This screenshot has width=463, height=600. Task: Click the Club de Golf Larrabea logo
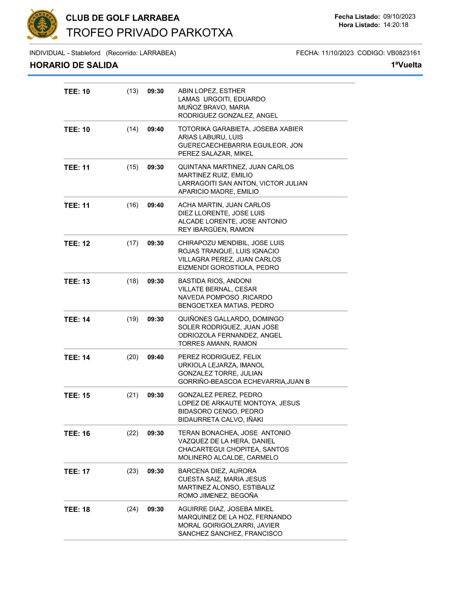pos(42,24)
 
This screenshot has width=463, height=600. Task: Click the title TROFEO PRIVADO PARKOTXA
pos(149,33)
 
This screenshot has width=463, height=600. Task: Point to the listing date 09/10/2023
pos(399,17)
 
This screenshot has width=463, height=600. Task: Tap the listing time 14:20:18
pos(396,25)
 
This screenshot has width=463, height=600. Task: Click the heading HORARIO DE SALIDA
pos(74,65)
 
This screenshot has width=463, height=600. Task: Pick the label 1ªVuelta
pos(406,65)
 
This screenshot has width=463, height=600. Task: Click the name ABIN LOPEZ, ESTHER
pos(212,91)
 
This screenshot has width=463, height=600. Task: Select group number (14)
pos(132,129)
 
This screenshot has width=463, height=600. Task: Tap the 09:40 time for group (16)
pos(155,205)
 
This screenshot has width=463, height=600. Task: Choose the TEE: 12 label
pos(77,244)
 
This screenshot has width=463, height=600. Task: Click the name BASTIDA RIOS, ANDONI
pos(215,281)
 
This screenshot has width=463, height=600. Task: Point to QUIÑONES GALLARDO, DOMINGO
pos(231,319)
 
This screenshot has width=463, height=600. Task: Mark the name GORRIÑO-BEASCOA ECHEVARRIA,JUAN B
pos(244,382)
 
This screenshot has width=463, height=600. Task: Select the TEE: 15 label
pos(77,396)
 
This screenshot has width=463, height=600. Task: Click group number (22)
pos(132,433)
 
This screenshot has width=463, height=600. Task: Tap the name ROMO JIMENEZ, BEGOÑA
pos(218,496)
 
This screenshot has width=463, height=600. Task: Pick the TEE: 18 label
pos(77,510)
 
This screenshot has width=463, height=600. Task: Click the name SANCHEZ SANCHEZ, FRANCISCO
pos(230,533)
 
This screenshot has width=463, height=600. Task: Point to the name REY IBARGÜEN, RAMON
pos(216,230)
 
